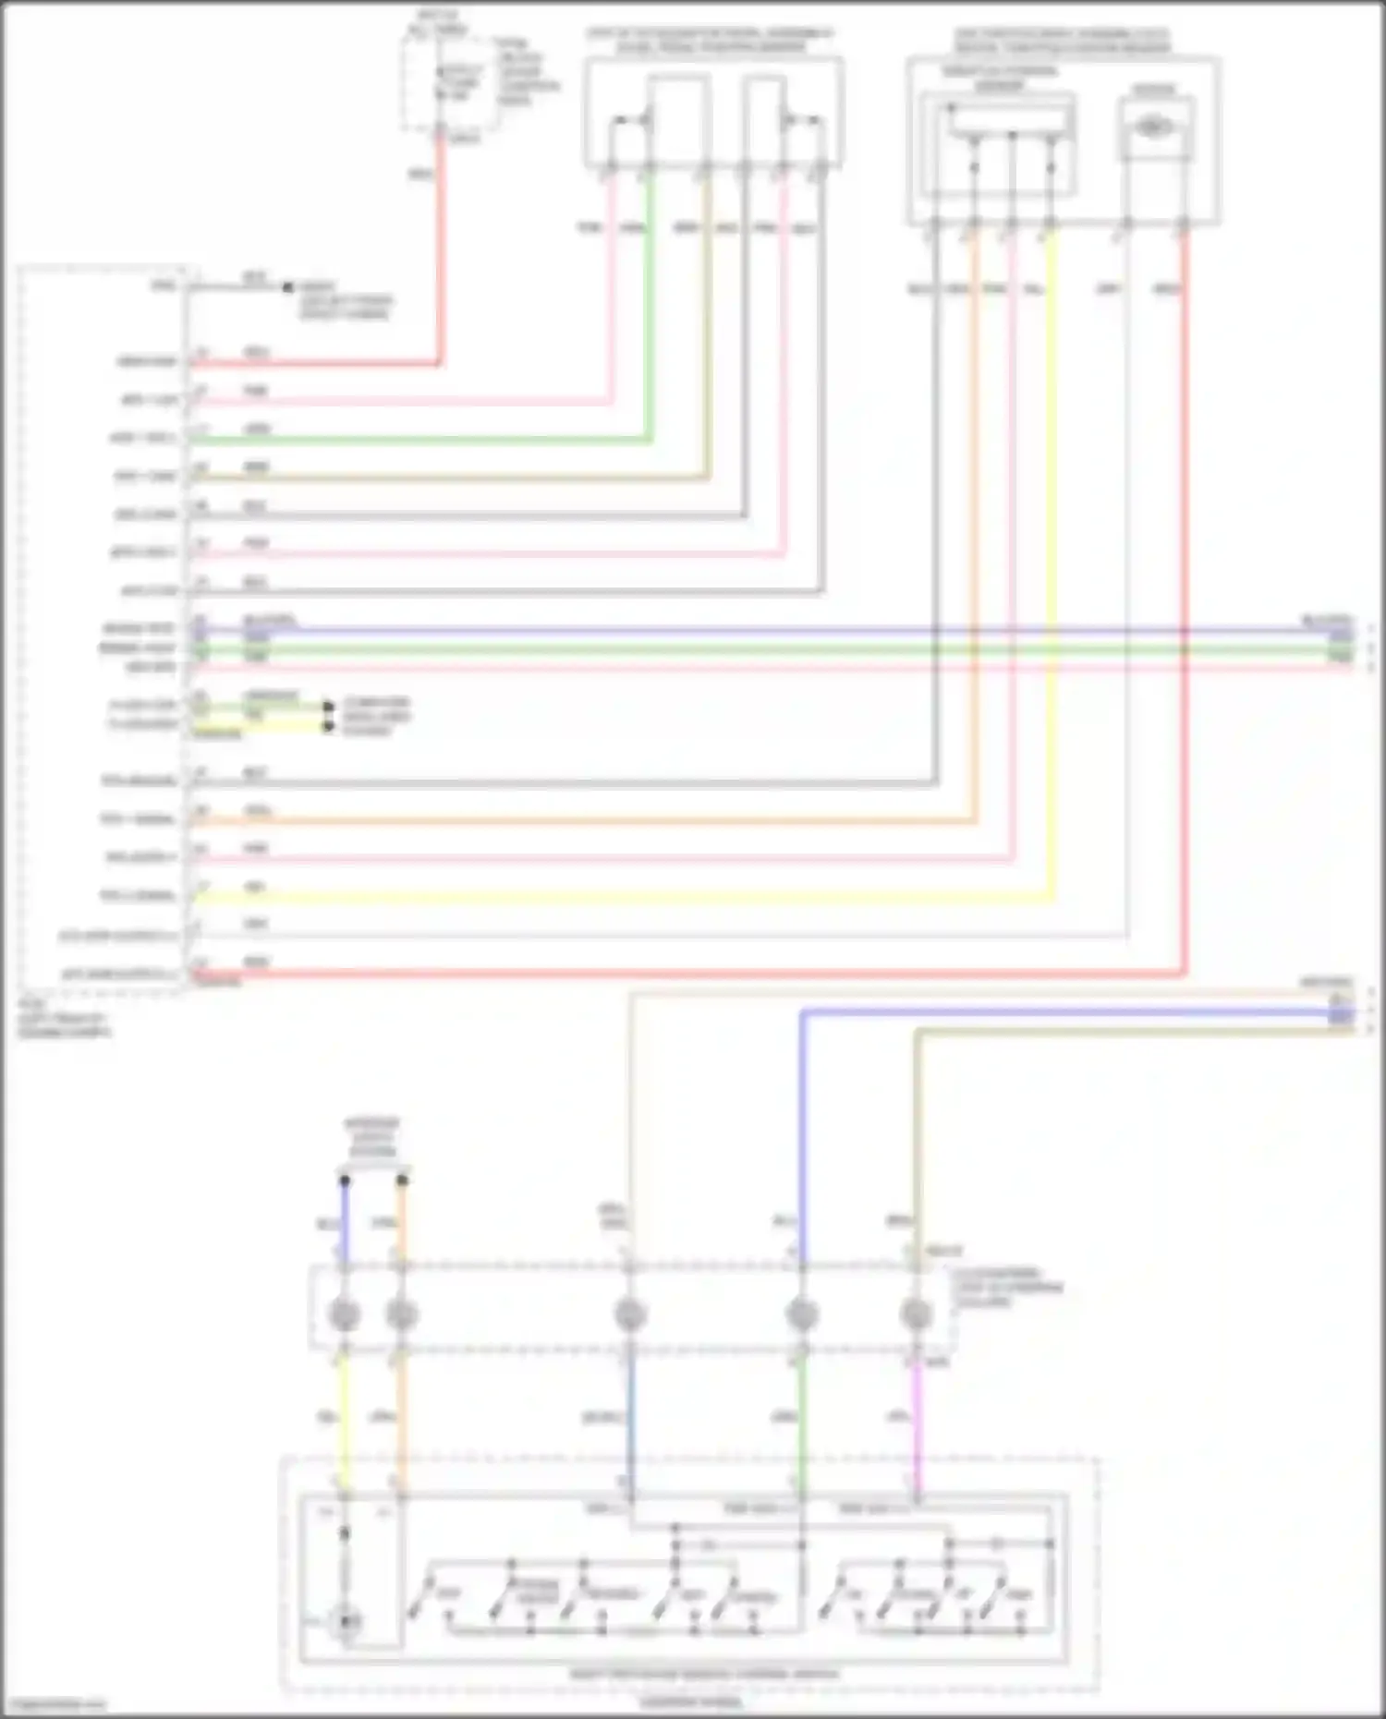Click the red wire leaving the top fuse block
440,249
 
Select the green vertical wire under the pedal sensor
650,305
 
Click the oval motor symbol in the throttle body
1151,127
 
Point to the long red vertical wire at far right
1184,554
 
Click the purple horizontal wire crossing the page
739,632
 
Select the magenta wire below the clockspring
918,1422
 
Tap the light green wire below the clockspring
801,1422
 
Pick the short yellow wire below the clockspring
344,1422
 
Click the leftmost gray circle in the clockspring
345,1313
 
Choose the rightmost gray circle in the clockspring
916,1313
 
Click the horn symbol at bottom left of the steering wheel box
346,1622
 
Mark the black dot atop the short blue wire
345,1180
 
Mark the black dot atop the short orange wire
402,1180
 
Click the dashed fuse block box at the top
450,83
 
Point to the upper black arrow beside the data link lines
328,708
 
